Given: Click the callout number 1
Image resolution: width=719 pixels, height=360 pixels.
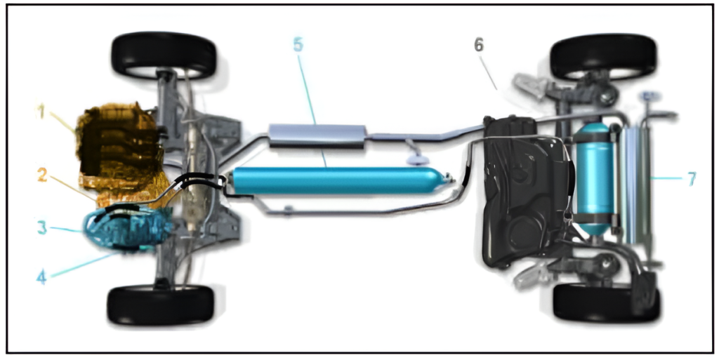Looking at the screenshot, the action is click(x=41, y=112).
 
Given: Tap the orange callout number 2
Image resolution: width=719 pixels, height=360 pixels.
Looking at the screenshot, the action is click(x=41, y=175).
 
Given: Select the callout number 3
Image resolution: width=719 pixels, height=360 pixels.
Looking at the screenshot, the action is click(x=41, y=227).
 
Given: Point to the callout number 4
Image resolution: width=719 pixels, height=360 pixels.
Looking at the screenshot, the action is click(x=41, y=276).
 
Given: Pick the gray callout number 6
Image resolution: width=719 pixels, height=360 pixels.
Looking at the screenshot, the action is click(x=478, y=45).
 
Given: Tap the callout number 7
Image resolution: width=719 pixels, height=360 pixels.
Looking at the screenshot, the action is click(x=692, y=179).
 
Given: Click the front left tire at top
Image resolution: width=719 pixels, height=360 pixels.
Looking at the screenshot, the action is click(x=164, y=55).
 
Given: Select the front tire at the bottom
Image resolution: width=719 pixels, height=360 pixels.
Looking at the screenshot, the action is click(x=161, y=304).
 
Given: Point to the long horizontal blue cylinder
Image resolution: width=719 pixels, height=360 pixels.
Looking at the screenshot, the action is click(x=336, y=180).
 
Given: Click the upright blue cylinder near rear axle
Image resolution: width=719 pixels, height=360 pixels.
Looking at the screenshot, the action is click(x=594, y=179).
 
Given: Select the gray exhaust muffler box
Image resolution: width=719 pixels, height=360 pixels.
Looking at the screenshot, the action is click(x=317, y=136).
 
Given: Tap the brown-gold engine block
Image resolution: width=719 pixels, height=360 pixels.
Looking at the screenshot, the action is click(x=120, y=147).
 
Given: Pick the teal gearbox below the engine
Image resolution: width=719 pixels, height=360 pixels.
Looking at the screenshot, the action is click(x=128, y=227).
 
